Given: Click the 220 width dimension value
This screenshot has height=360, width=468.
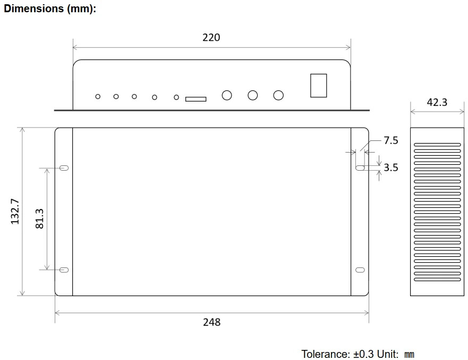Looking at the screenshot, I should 211,38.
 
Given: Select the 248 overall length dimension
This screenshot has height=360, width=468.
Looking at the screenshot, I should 211,322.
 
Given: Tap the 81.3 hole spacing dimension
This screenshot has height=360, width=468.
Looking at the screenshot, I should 39,218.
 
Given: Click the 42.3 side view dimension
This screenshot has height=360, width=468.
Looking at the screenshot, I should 437,103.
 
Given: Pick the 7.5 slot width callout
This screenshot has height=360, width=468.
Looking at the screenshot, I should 390,140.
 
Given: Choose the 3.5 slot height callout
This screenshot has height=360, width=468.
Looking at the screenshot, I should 390,168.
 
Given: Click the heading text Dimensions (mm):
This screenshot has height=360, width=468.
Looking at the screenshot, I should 50,9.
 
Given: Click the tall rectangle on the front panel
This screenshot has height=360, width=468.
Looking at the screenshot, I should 318,85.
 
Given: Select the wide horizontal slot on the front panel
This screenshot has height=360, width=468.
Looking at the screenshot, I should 195,98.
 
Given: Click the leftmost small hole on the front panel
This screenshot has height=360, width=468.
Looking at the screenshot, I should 98,96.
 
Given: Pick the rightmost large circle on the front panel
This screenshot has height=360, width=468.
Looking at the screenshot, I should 278,95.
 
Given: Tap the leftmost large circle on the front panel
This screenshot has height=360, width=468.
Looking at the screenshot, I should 227,95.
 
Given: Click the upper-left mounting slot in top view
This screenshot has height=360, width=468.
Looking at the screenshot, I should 64,168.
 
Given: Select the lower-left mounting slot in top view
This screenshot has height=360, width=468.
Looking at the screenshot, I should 64,270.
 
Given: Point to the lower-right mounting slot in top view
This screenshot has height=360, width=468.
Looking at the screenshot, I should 360,270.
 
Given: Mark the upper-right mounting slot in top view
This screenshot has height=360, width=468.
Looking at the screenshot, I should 360,168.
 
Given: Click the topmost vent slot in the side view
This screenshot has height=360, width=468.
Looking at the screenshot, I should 437,144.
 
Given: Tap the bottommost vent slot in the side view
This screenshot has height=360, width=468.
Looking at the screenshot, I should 437,280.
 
